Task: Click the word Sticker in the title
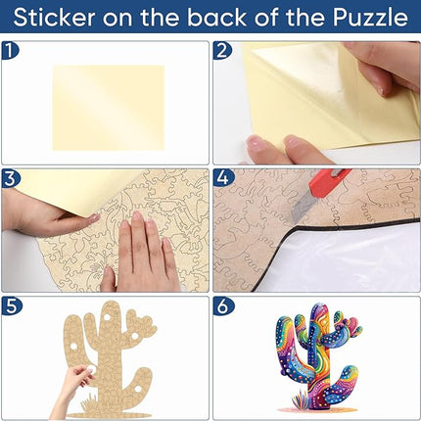55,17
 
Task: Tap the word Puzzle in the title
370,17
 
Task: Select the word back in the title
217,17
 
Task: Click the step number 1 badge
11,51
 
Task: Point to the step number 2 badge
222,51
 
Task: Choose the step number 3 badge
11,179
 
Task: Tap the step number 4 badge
223,179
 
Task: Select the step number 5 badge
11,306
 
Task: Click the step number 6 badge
223,306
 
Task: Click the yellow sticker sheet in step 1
109,108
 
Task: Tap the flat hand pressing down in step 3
145,252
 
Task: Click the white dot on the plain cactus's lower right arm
137,389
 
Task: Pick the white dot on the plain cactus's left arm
73,346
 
